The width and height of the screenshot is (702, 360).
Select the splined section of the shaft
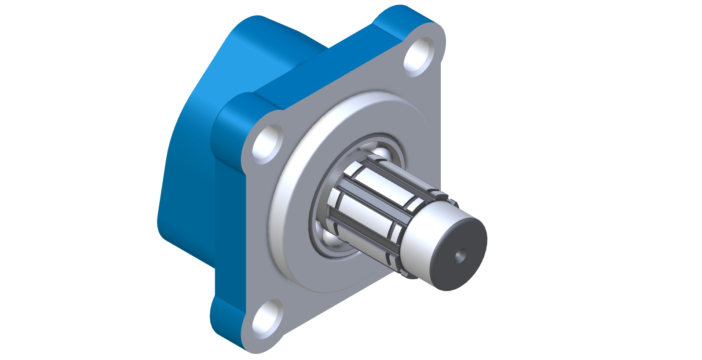click(374, 198)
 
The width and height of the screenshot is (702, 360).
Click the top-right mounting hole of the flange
click(420, 56)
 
